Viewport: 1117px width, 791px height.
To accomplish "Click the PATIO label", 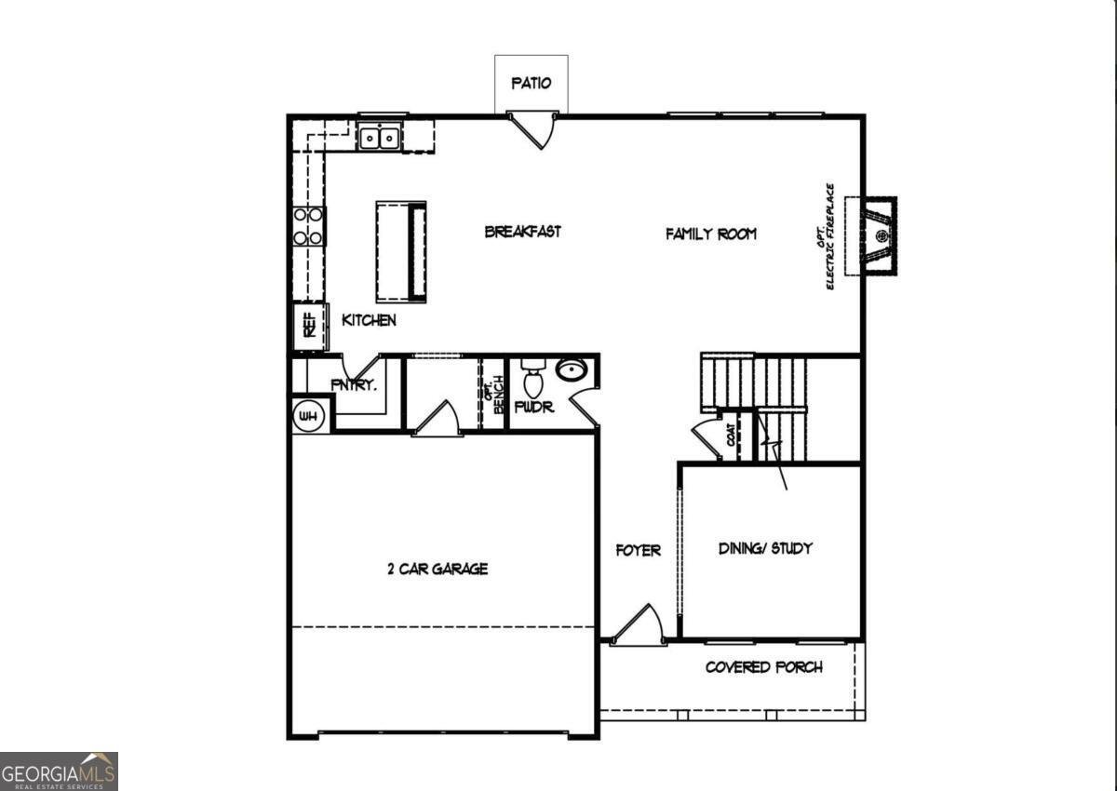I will (532, 83).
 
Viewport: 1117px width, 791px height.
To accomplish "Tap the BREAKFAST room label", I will (523, 232).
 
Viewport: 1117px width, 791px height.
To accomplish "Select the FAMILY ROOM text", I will (710, 234).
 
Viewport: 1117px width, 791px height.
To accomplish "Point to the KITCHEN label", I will (370, 320).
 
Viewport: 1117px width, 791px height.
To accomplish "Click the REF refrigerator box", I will (309, 326).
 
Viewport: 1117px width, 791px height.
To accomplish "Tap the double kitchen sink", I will (381, 138).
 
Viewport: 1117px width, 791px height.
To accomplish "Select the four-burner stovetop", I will (309, 226).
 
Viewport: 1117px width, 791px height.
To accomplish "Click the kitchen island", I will (401, 251).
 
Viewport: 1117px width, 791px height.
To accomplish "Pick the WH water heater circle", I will (308, 417).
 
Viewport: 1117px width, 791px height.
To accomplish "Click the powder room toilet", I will (533, 382).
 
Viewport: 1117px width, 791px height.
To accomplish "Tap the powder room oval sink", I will (572, 370).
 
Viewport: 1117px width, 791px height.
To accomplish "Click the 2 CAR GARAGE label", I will (437, 569).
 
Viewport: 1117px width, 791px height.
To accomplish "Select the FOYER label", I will (639, 550).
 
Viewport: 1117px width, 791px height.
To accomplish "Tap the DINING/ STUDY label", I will (765, 548).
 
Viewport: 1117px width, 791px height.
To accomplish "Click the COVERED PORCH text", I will (763, 667).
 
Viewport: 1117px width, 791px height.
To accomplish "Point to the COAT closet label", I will (732, 436).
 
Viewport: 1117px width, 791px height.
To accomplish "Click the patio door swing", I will (534, 127).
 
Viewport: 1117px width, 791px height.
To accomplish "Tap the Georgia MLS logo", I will (59, 771).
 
